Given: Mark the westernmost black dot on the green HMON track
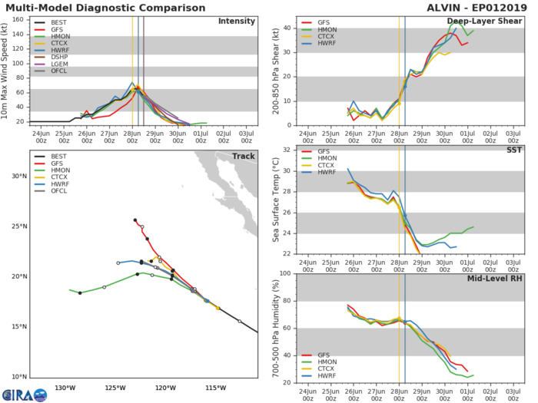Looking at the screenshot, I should pos(80,292).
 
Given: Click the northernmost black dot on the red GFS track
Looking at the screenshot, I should pos(135,220).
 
